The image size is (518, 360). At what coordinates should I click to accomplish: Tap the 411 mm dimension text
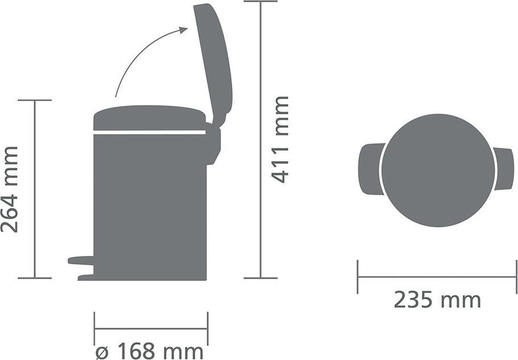click(x=281, y=139)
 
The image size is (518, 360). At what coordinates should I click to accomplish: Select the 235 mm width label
click(x=437, y=300)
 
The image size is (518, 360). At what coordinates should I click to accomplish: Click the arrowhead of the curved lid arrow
click(x=183, y=29)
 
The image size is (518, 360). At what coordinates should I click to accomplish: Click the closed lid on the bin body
click(x=149, y=117)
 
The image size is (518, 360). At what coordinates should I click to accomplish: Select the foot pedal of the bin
click(x=81, y=260)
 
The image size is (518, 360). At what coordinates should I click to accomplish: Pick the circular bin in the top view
click(x=437, y=170)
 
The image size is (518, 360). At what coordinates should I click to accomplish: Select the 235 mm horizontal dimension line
click(x=437, y=277)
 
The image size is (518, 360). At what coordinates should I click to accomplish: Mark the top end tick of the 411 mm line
click(x=260, y=1)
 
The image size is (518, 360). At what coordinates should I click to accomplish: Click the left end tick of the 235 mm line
click(x=358, y=277)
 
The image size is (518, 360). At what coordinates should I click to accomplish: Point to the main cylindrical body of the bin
click(x=149, y=203)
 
